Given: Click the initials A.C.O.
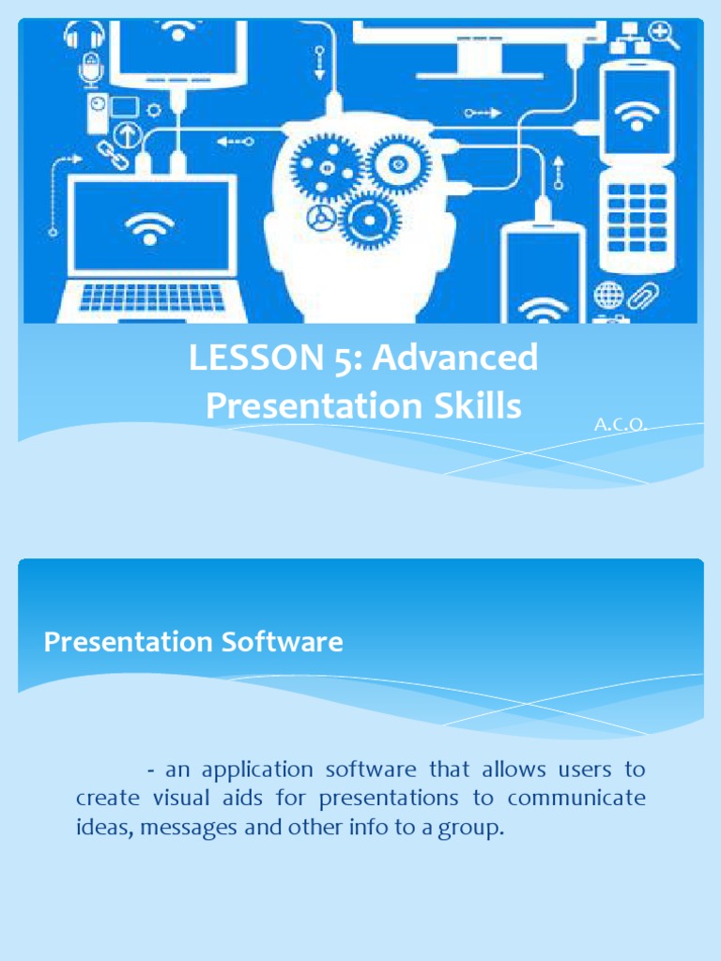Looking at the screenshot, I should pos(621,425).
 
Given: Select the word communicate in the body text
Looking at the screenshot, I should pos(576,799).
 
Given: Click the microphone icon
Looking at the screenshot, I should pos(90,70).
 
